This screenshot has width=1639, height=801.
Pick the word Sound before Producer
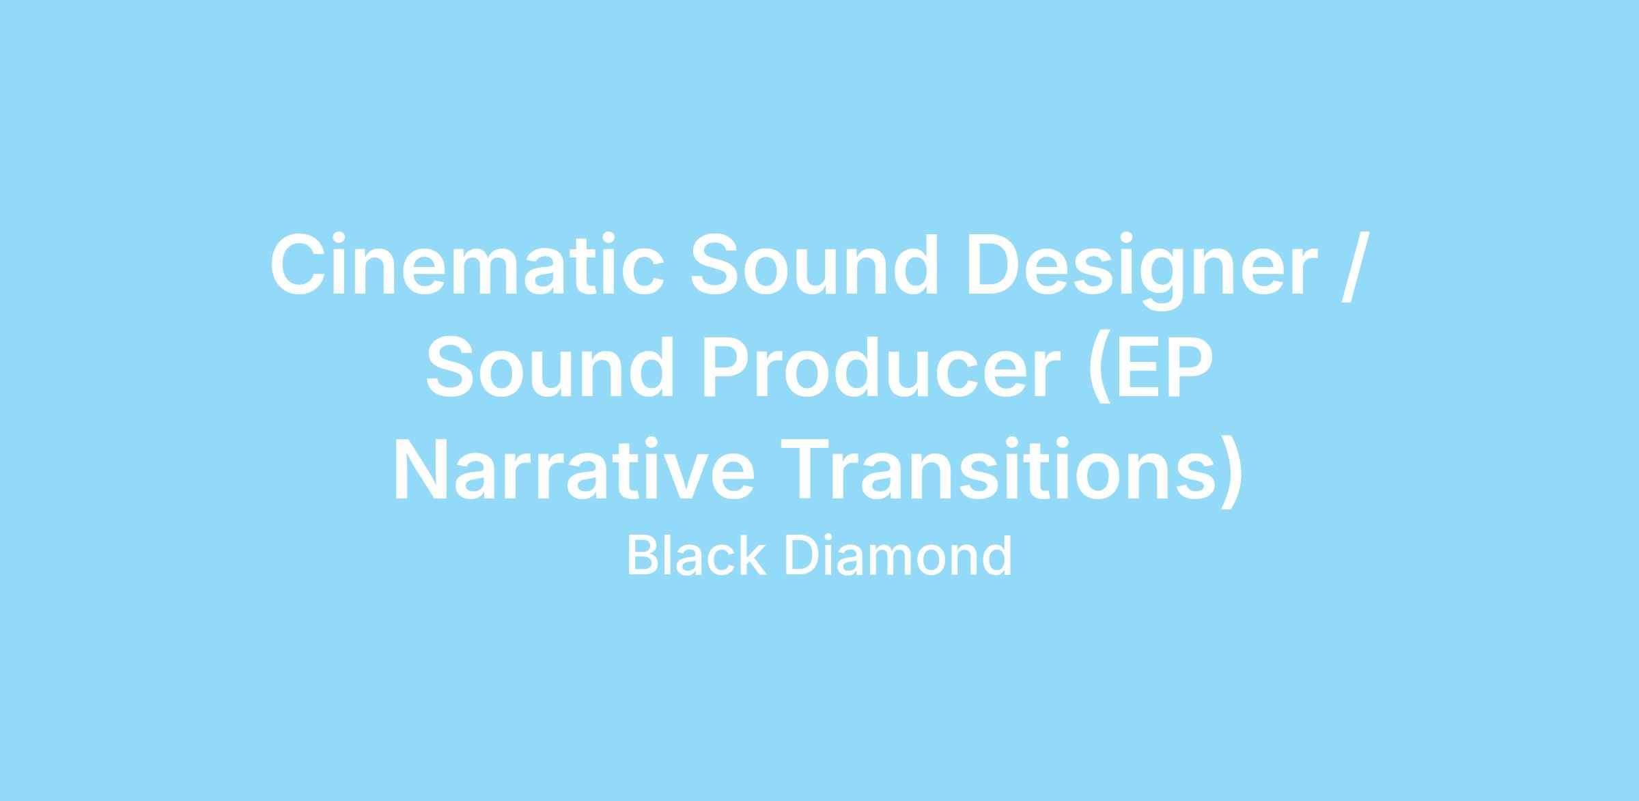pyautogui.click(x=550, y=366)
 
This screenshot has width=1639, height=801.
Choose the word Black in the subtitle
pyautogui.click(x=696, y=556)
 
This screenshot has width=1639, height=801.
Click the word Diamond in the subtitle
pyautogui.click(x=899, y=556)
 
